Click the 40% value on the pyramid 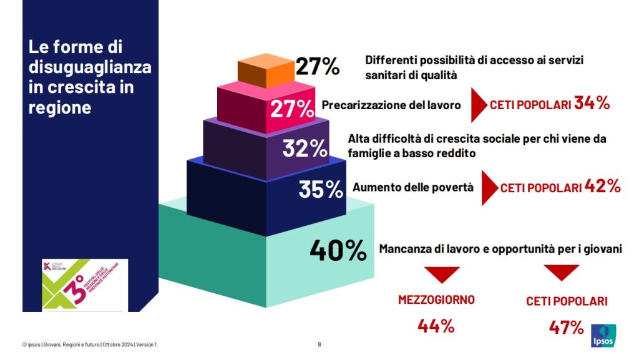coord(338,251)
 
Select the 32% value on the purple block coord(305,148)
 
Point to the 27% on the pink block coord(291,109)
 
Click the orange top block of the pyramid coord(266,71)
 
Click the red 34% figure coord(592,104)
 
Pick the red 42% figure coord(602,186)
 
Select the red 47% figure coord(566,327)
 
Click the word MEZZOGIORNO coord(436,299)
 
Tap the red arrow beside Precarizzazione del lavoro coord(478,104)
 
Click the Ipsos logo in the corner coord(604,335)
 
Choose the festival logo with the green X coord(84,285)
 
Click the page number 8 coord(319,344)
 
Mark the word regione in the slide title coord(60,107)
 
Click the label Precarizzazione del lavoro coord(391,105)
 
